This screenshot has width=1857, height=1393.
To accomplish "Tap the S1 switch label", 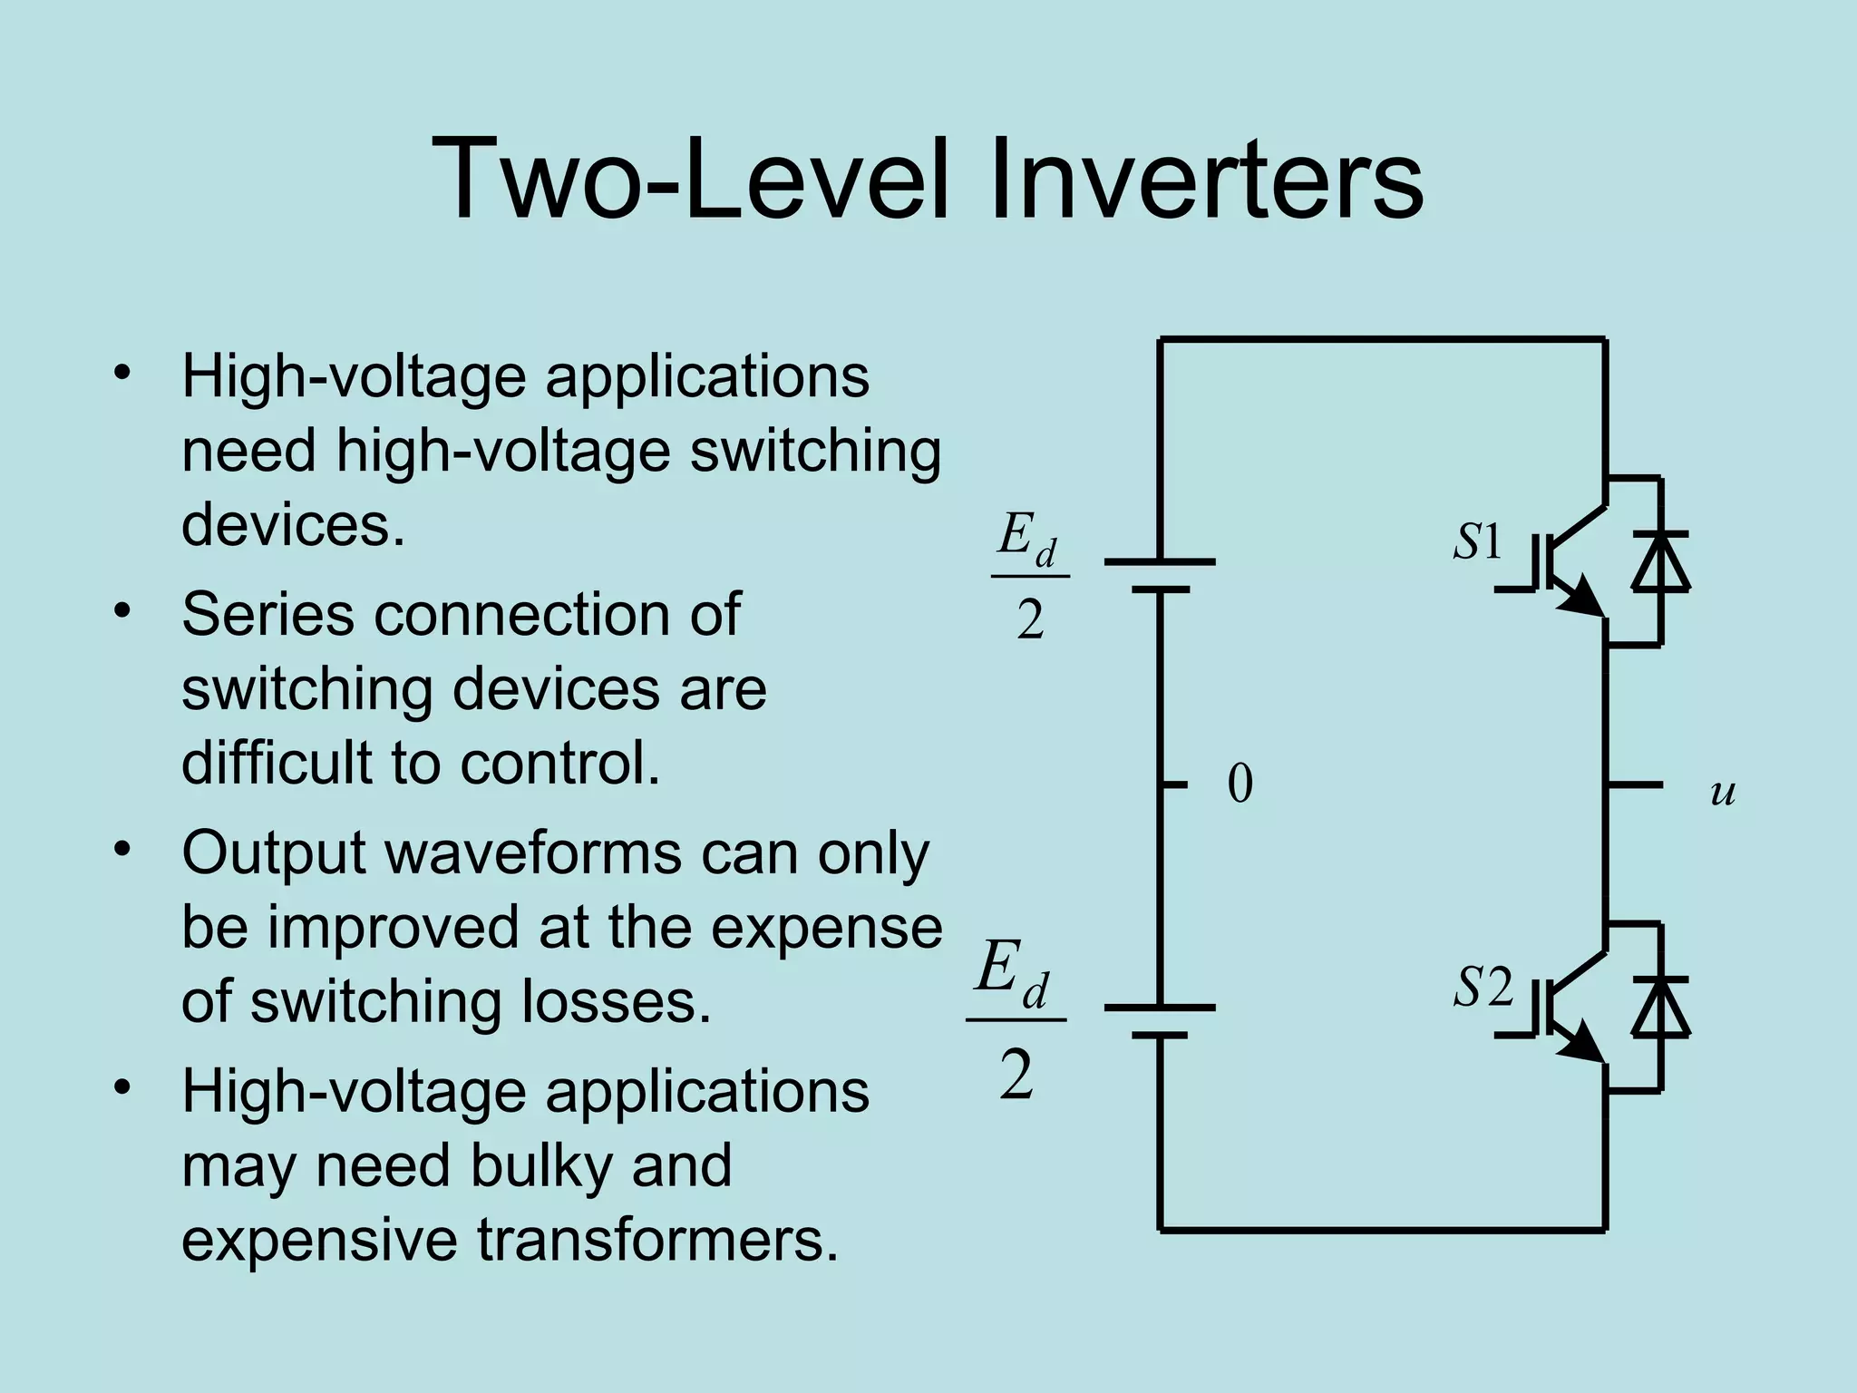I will (x=1478, y=542).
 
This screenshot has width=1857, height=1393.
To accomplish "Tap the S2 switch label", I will (x=1483, y=988).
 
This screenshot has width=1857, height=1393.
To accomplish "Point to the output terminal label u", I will (x=1722, y=792).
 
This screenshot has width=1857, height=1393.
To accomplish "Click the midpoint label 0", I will (x=1240, y=784).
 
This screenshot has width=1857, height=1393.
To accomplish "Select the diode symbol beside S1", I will (x=1660, y=562).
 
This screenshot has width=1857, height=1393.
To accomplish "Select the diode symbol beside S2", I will (x=1660, y=1008).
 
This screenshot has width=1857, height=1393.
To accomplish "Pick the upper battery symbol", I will (x=1160, y=576).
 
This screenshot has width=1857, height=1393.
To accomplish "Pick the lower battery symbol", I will (x=1160, y=1021).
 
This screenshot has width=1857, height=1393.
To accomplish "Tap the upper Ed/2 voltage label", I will (x=1029, y=576).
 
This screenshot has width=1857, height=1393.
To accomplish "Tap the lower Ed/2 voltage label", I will (x=1016, y=1020).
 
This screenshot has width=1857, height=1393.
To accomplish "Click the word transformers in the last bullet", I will (x=657, y=1240).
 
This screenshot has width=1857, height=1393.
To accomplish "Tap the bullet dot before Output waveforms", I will (x=122, y=850).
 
